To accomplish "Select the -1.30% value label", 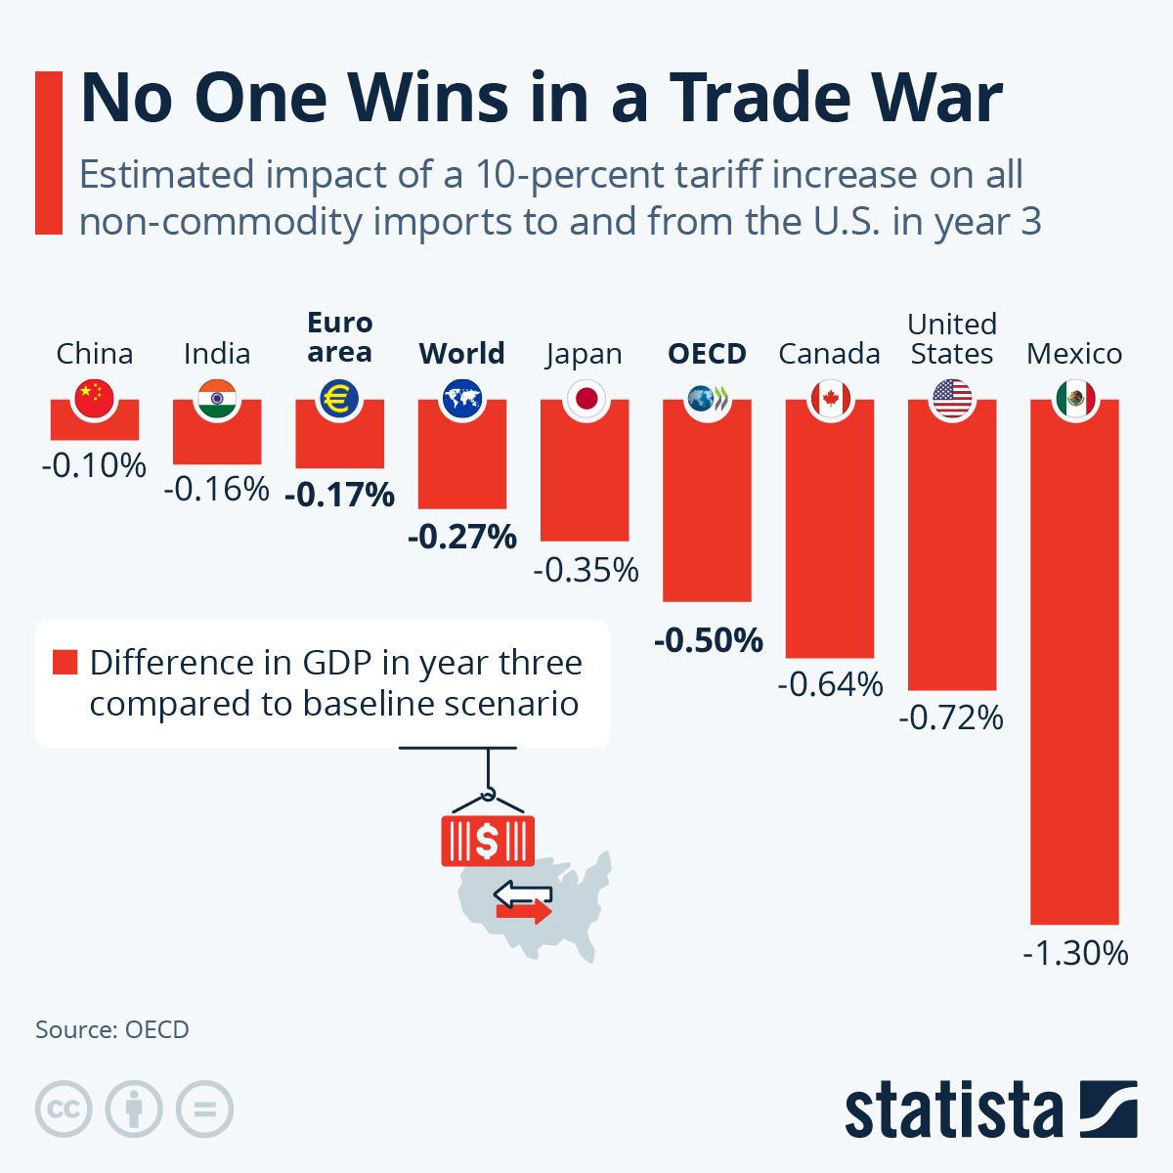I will pos(1075,952).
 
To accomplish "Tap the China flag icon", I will pos(95,397).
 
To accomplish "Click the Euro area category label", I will pos(339,336).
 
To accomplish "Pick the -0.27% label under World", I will pos(461,537).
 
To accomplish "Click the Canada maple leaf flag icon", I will pos(830,398).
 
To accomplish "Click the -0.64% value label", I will pos(830,684).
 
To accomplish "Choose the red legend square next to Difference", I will pos(65,663).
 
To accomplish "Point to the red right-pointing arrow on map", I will pos(524,912).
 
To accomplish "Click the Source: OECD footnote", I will pos(112,1029).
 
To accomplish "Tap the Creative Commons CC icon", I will pos(64,1109).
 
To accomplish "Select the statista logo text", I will pos(953,1110).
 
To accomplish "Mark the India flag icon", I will pos(217,398).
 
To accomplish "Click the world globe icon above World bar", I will pos(461,398).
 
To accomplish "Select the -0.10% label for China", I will pos(94,464).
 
